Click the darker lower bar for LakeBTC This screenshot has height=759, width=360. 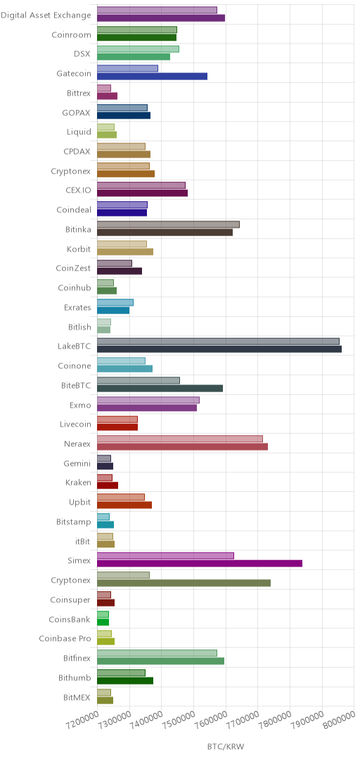[x=219, y=349]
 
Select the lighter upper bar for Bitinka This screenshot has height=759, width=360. [x=168, y=224]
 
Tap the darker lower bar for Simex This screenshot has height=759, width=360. [x=200, y=563]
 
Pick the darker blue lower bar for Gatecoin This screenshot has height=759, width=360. [x=152, y=76]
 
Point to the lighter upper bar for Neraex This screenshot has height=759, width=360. [x=180, y=439]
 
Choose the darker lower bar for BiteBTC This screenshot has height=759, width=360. [x=160, y=388]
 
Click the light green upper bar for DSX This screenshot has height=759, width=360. [x=138, y=49]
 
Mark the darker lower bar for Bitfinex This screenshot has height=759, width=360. [x=160, y=661]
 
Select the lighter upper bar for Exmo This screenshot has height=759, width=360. [x=148, y=400]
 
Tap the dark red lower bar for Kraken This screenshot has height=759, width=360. [x=108, y=485]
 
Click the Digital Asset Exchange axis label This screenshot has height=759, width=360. [x=46, y=15]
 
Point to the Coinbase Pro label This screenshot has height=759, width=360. [x=65, y=638]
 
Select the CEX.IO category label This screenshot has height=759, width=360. [x=77, y=190]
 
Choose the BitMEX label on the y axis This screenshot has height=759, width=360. [x=77, y=697]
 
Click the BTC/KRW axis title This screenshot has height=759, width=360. [x=226, y=746]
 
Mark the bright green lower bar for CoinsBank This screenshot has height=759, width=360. [x=103, y=621]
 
